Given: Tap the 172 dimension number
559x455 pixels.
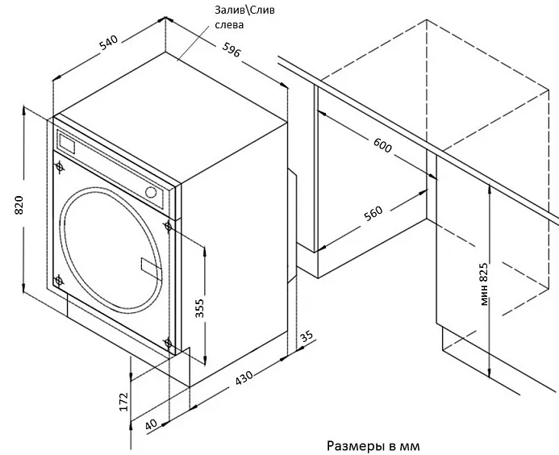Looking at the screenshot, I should click(123, 401).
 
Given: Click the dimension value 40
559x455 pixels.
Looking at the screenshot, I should click(151, 423).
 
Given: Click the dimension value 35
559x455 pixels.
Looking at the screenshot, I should click(305, 336).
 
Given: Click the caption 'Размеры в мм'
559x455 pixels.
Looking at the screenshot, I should click(373, 445).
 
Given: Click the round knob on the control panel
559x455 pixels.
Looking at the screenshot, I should click(152, 191).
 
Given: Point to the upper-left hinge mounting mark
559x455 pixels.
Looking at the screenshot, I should click(60, 167).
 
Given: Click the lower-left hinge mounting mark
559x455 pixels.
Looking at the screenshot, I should click(59, 280).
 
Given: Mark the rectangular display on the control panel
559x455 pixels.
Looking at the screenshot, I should click(67, 144).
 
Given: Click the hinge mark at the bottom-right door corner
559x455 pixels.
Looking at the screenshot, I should click(168, 344).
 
